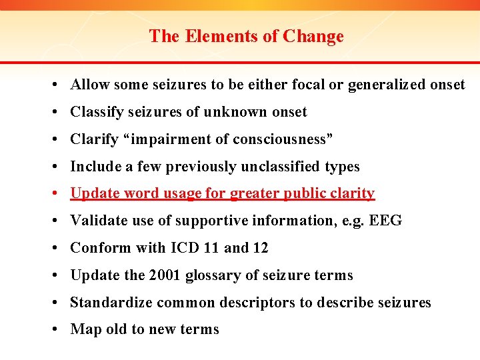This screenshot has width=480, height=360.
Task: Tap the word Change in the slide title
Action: coord(313,36)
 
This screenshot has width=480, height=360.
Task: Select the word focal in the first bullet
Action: coord(309,85)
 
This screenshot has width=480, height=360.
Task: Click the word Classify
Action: coord(97,112)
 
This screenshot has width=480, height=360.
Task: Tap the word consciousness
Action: coord(281,139)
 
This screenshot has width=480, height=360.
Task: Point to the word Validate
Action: coord(97,221)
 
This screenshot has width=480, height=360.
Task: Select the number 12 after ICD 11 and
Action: coord(260,248)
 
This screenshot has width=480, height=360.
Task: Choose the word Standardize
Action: coord(111,303)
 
